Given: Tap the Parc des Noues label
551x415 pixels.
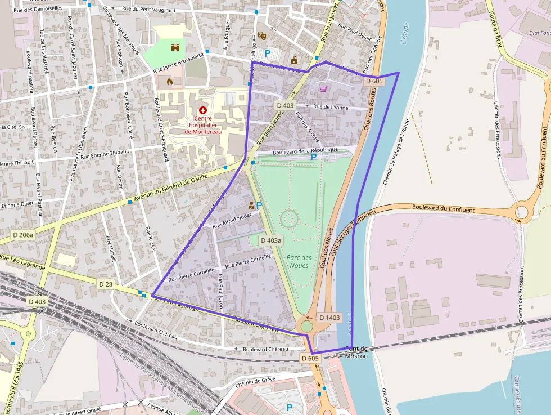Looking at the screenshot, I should (298, 262).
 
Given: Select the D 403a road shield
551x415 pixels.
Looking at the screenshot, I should (270, 240).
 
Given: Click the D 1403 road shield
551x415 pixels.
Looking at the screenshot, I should (329, 318).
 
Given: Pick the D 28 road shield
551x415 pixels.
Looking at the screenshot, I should (106, 285).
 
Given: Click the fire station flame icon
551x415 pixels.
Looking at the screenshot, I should (169, 82).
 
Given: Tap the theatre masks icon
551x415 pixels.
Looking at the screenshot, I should (261, 36).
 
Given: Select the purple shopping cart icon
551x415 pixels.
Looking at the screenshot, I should (323, 88).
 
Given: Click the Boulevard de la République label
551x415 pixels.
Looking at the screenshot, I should (305, 150).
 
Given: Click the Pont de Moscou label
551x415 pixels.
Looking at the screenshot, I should (356, 352).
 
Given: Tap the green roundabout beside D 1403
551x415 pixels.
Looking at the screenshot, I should (306, 325).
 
